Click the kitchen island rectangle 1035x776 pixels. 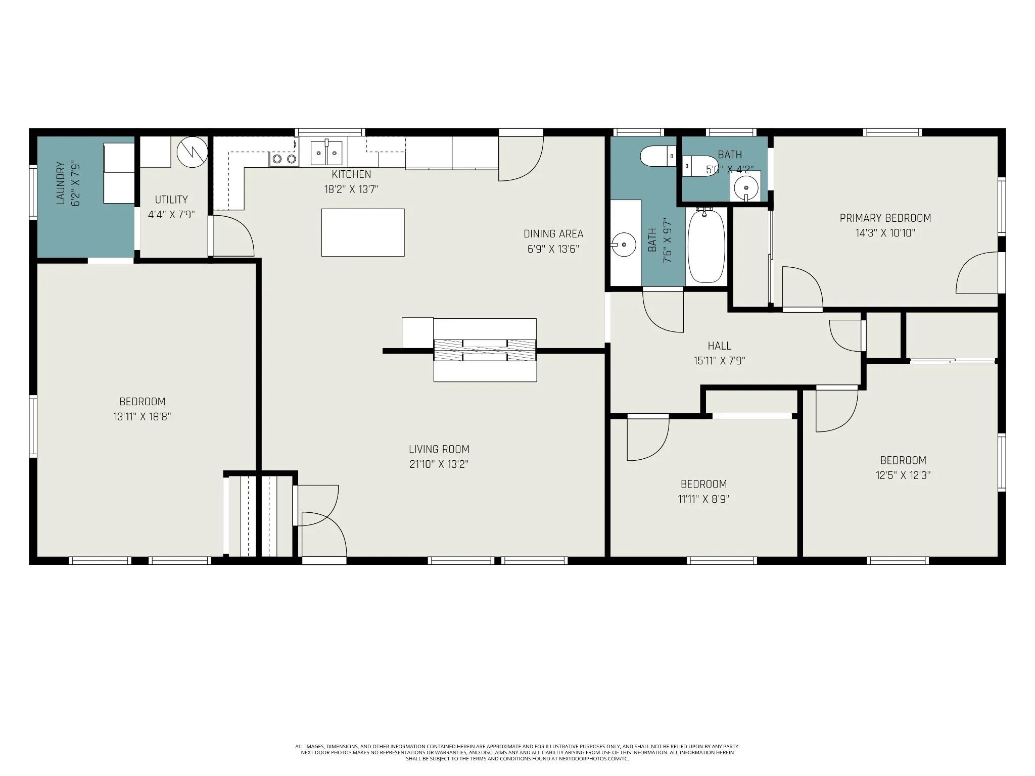pyautogui.click(x=363, y=232)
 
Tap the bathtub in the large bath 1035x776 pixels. pyautogui.click(x=707, y=246)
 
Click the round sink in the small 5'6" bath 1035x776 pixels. pyautogui.click(x=745, y=188)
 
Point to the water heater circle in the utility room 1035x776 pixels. pyautogui.click(x=193, y=152)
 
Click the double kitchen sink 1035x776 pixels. pyautogui.click(x=326, y=153)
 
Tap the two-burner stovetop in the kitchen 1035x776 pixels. pyautogui.click(x=284, y=159)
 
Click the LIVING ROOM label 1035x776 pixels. pyautogui.click(x=439, y=449)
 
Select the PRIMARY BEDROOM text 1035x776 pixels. pyautogui.click(x=885, y=218)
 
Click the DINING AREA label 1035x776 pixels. pyautogui.click(x=553, y=234)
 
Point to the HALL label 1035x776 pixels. pyautogui.click(x=719, y=346)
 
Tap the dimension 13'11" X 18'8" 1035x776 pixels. pyautogui.click(x=142, y=417)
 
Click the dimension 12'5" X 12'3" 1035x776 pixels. pyautogui.click(x=903, y=475)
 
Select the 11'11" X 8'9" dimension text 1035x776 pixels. pyautogui.click(x=703, y=499)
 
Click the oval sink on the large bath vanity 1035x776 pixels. pyautogui.click(x=624, y=245)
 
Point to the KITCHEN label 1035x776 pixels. pyautogui.click(x=351, y=174)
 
